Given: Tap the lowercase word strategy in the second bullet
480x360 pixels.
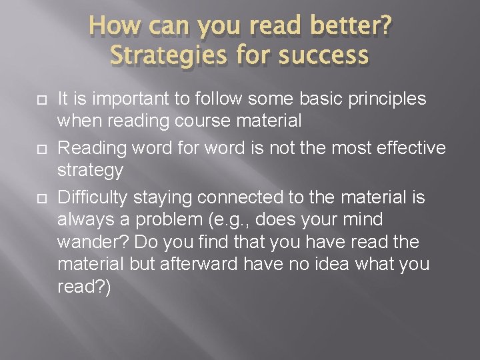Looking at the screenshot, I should point(90,170).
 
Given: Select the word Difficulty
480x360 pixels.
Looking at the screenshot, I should point(93,197).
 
